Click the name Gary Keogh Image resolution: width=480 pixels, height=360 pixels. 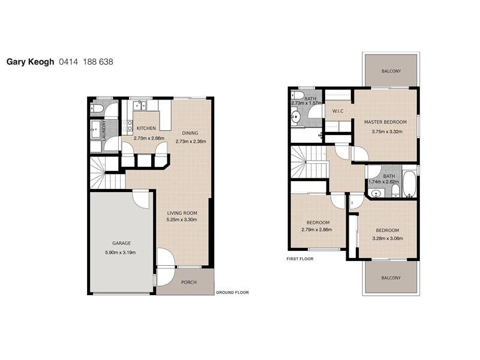[31, 61]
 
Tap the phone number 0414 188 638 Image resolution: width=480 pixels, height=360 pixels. [86, 61]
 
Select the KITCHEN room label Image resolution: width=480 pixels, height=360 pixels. [146, 128]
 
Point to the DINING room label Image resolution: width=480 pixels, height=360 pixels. [191, 133]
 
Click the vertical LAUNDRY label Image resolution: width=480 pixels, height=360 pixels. [104, 130]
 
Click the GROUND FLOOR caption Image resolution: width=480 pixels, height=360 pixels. [232, 293]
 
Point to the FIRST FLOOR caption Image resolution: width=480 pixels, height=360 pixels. [300, 259]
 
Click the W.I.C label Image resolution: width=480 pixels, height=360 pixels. [337, 112]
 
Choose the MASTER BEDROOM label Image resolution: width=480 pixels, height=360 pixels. [385, 122]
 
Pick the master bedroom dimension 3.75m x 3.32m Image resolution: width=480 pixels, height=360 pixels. [385, 131]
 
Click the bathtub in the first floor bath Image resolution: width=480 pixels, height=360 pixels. [409, 184]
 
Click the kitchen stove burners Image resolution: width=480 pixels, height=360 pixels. [127, 126]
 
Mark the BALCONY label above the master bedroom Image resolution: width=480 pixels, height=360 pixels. [391, 71]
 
